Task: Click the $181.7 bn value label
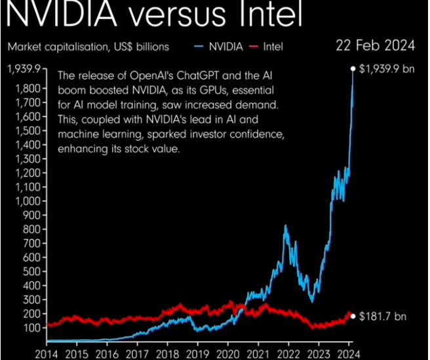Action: (383, 316)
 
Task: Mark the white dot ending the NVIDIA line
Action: (353, 68)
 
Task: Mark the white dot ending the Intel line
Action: (353, 316)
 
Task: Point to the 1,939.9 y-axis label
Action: (24, 68)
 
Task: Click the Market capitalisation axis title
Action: (88, 47)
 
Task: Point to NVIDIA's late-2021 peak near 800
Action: (286, 226)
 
